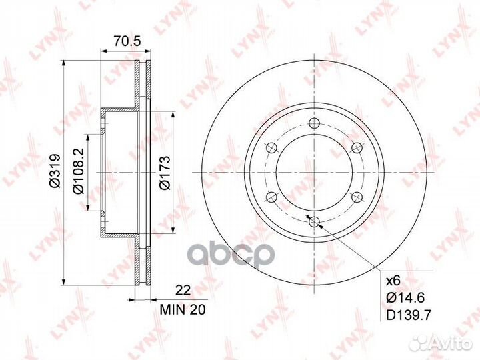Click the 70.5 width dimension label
[127, 41]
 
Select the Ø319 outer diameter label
[55, 171]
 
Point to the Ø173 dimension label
[164, 173]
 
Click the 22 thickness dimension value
[183, 289]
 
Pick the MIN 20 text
[183, 310]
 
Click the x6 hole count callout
[393, 281]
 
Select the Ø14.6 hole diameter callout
[405, 297]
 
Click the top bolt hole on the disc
[314, 123]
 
